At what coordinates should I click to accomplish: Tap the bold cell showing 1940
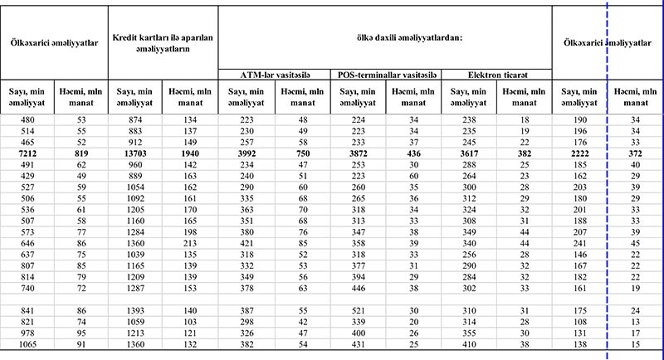190,154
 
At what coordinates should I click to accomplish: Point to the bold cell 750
302,154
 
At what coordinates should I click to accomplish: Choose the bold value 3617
470,154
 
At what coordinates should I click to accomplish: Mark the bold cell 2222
580,154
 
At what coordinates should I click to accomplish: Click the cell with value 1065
27,343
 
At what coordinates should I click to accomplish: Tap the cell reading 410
470,343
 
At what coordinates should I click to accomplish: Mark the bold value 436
414,154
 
